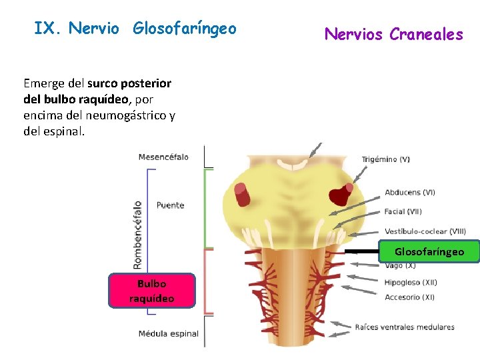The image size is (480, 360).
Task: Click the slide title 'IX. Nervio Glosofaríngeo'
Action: (x=135, y=29)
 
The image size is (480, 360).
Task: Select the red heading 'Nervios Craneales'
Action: (x=393, y=34)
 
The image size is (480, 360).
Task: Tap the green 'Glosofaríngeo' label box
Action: (x=429, y=252)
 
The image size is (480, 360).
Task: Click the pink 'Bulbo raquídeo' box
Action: (x=152, y=291)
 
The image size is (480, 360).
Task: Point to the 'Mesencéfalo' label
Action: (x=163, y=157)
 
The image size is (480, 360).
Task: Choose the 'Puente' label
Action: (x=170, y=205)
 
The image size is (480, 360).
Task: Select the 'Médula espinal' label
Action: (x=169, y=333)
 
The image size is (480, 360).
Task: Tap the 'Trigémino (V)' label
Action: (x=386, y=159)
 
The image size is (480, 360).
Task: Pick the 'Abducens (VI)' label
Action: (x=410, y=193)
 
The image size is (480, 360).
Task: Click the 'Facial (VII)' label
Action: (x=403, y=212)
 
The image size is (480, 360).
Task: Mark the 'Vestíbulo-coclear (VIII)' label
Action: (x=425, y=231)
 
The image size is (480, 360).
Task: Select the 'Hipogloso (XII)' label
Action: (x=411, y=282)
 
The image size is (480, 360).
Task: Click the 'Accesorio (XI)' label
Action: (x=409, y=297)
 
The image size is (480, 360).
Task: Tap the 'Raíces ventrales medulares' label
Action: (x=405, y=327)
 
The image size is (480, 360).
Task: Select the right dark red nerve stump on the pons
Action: (x=343, y=194)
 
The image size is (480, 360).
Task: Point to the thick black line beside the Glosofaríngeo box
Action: (x=362, y=252)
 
